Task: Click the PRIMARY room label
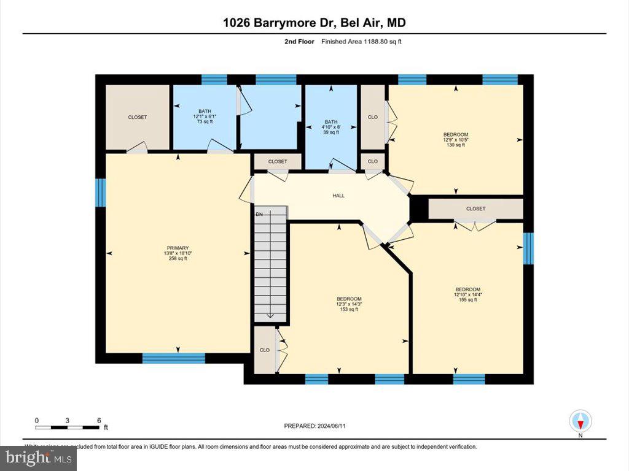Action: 178,248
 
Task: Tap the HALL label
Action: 338,196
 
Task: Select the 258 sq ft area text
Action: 178,259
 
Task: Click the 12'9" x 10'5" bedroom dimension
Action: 456,140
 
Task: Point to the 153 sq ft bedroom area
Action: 348,309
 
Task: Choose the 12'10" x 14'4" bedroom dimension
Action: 467,294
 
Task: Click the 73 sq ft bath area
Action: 204,121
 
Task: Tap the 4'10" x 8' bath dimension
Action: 331,127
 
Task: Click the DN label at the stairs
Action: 259,214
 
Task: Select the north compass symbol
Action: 580,421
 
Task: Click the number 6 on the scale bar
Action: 99,421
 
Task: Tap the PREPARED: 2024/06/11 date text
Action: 319,426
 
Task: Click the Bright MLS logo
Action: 38,458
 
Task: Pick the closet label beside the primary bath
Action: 138,117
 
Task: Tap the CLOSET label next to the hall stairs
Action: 278,161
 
